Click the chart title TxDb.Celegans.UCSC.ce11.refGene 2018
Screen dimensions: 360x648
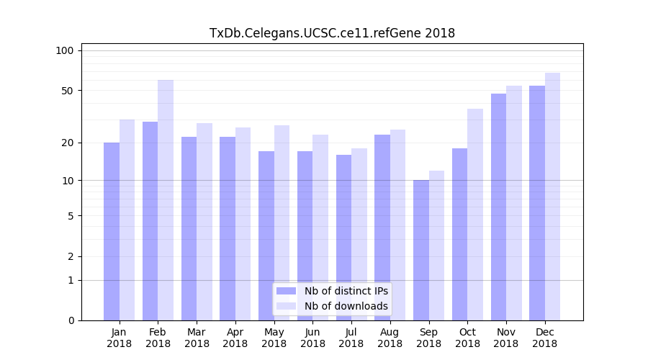[x=332, y=33]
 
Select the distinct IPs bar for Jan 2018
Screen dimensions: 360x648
[x=112, y=230]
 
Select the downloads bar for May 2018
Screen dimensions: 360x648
[x=282, y=222]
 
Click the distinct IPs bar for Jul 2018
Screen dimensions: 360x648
[x=343, y=237]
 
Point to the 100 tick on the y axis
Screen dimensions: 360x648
[x=65, y=50]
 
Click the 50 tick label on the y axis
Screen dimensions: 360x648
[x=68, y=91]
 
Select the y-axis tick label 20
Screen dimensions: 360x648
[x=68, y=143]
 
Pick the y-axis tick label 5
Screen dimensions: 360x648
[x=71, y=215]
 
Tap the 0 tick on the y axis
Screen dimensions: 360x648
[x=71, y=320]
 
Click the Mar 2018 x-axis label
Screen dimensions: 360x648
[x=197, y=338]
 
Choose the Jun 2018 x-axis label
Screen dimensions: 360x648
[x=312, y=338]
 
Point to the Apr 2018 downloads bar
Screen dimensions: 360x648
[x=243, y=224]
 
